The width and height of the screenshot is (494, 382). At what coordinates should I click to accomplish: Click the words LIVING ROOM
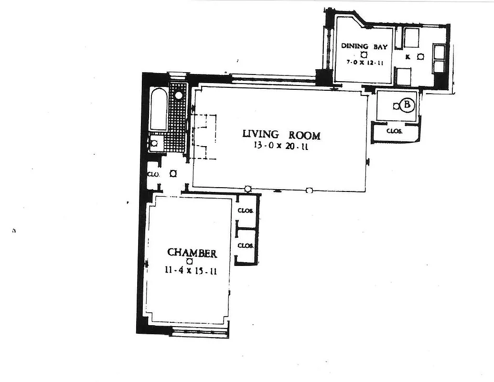281,135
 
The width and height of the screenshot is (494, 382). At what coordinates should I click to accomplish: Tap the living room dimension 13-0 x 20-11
281,147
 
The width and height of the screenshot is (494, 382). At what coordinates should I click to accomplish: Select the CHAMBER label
192,253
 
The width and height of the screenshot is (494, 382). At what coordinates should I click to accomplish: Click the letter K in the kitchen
408,57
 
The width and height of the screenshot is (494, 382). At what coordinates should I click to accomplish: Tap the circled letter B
407,105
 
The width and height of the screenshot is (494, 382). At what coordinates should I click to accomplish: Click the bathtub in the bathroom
159,110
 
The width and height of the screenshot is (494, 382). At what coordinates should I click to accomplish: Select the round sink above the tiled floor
179,95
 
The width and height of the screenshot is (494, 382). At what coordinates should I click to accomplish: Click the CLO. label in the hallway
153,174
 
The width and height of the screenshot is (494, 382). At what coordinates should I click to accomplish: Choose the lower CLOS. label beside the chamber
245,245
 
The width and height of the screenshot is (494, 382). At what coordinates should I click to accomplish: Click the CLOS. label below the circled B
395,130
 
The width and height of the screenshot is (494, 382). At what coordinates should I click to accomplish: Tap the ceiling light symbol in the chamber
190,262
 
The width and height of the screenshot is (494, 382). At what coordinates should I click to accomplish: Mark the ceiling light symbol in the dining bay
364,54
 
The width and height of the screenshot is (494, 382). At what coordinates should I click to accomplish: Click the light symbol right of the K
420,57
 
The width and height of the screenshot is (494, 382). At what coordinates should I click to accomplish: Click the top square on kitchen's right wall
439,51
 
